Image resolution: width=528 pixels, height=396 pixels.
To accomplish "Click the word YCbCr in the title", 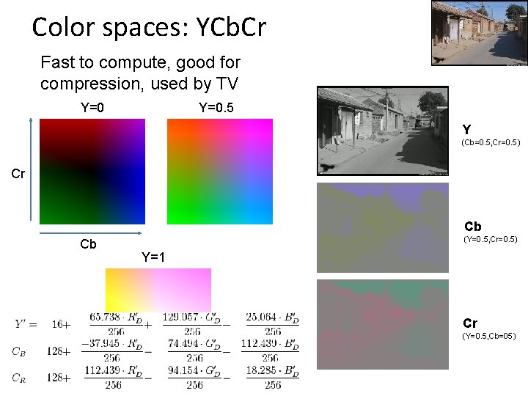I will coord(228,28).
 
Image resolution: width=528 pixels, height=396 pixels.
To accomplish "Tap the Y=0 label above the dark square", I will coord(92,108).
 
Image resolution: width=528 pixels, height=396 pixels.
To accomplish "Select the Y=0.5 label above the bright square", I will coord(216,108).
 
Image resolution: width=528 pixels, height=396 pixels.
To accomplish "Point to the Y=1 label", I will coord(153,257).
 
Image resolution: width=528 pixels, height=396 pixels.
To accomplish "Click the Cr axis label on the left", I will coord(18,174).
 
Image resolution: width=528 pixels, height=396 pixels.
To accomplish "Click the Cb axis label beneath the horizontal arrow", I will coord(88,244).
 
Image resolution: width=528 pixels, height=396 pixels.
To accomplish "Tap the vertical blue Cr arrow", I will coord(30,169).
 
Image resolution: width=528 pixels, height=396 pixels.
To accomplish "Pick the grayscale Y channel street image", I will coord(382,131).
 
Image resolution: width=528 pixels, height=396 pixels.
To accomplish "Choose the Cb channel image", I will coord(382,227).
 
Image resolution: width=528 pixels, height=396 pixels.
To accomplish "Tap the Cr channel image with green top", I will coord(382,324).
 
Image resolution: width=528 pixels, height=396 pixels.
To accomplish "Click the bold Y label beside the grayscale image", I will coord(467,129).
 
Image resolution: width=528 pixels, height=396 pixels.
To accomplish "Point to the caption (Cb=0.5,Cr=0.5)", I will coord(491,142).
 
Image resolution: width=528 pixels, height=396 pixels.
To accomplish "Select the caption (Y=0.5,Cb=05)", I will coord(489,336).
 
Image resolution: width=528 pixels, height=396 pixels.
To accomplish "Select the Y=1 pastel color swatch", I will coord(158,289).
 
